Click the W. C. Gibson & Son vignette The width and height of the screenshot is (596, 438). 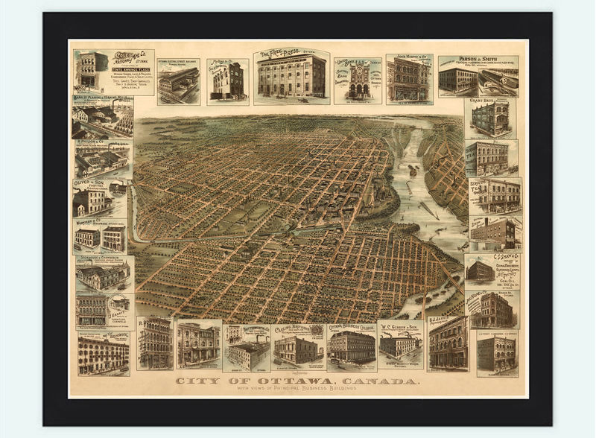[x=400, y=345]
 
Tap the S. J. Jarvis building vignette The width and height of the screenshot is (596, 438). [x=448, y=344]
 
